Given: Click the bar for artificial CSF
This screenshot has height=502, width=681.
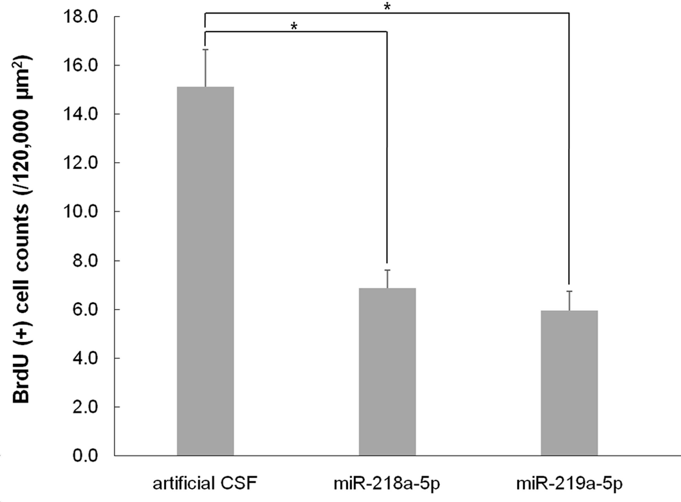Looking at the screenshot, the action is (205, 271).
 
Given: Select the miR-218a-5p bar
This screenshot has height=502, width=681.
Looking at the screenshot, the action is (387, 372).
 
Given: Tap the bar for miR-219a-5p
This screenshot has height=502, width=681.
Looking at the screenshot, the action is (569, 383).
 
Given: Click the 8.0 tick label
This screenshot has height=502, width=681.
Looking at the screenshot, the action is (86, 261).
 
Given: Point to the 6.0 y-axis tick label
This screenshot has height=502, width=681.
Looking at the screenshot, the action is (86, 309).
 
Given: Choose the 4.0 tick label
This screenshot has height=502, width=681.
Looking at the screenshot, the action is (86, 358).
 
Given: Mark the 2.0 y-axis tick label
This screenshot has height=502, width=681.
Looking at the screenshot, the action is (86, 407).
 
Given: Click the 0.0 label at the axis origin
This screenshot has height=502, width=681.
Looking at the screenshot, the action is (86, 456).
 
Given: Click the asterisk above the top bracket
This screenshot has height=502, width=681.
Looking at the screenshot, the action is (387, 7).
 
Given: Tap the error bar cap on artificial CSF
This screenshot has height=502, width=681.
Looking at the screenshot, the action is (206, 49).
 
